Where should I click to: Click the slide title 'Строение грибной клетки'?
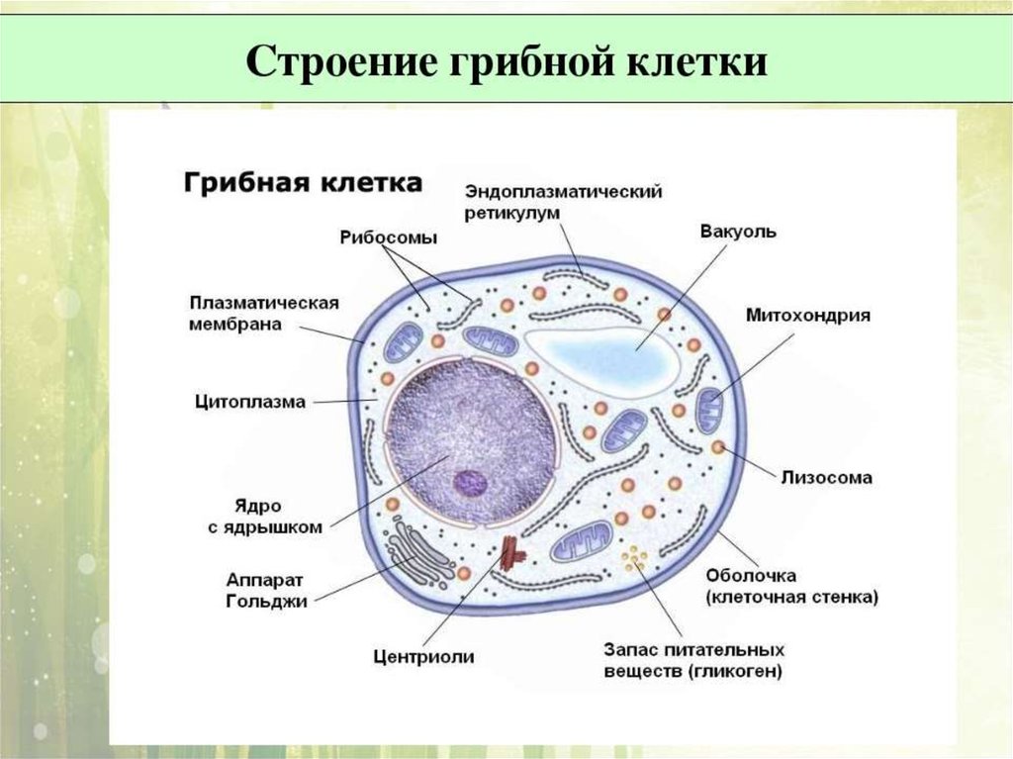click(x=506, y=62)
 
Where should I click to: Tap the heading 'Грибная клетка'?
click(x=303, y=182)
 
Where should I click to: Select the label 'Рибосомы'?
click(x=388, y=237)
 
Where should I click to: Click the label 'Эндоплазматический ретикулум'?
click(x=563, y=202)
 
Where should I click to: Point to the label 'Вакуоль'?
click(x=738, y=232)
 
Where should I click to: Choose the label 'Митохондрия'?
click(x=807, y=316)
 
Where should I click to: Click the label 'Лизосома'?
click(x=826, y=478)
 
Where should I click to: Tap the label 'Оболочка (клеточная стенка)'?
click(x=792, y=586)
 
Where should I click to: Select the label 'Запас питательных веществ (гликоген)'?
click(x=693, y=660)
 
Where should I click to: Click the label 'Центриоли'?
click(x=423, y=657)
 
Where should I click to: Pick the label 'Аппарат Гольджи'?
click(x=266, y=590)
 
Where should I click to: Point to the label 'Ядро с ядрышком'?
click(x=265, y=517)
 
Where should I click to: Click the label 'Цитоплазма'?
click(x=250, y=402)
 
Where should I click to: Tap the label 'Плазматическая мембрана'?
click(x=263, y=314)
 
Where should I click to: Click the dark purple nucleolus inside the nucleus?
click(x=470, y=483)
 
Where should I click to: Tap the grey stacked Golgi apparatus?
click(x=416, y=555)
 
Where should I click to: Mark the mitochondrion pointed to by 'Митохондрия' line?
click(x=709, y=410)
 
